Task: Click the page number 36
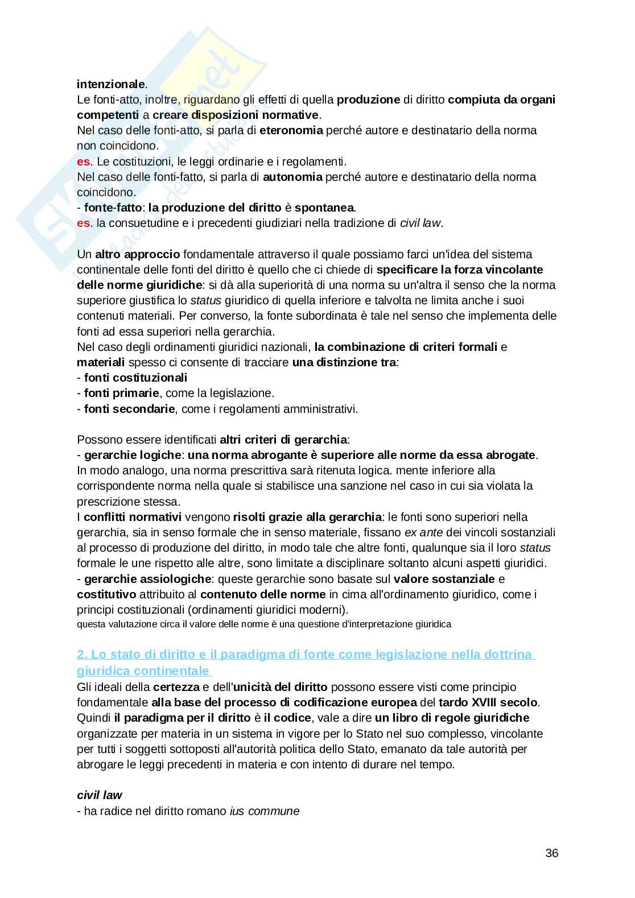click(x=551, y=853)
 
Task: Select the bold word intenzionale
click(x=111, y=84)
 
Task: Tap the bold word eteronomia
click(x=291, y=130)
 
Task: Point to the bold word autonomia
click(x=292, y=177)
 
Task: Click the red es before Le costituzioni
click(x=83, y=162)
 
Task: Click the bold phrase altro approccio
click(x=137, y=254)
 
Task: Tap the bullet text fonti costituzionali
click(x=135, y=378)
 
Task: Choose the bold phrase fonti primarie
click(x=121, y=393)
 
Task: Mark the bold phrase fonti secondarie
click(x=129, y=408)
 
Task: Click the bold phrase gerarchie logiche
click(x=133, y=455)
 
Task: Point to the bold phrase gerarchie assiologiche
click(x=147, y=579)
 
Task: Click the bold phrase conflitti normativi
click(x=132, y=517)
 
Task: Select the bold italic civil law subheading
click(x=100, y=795)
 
